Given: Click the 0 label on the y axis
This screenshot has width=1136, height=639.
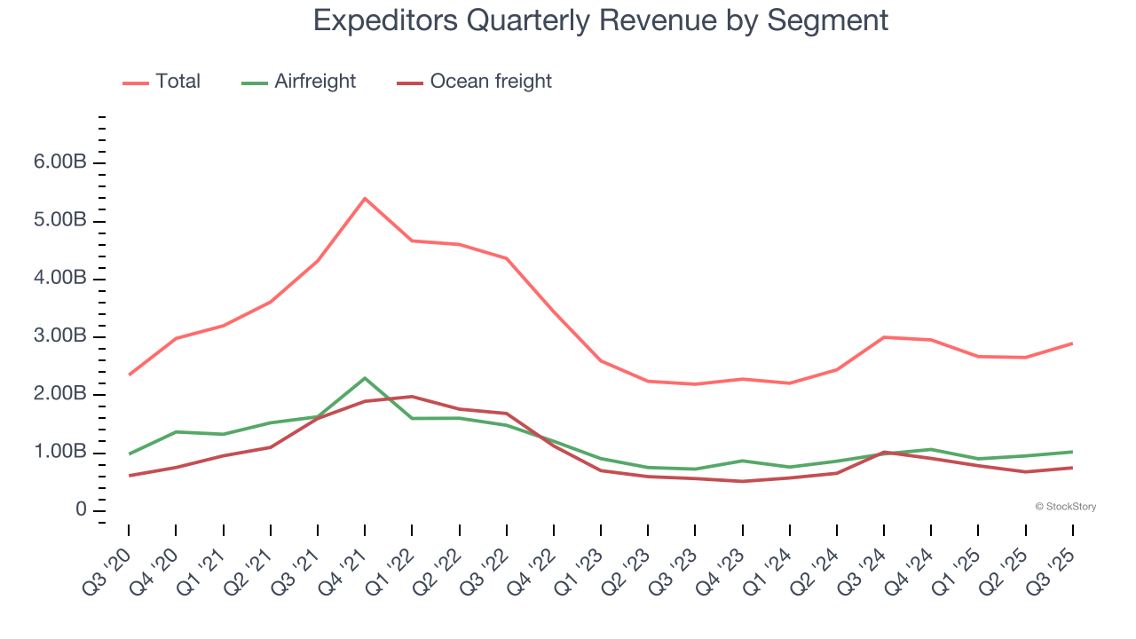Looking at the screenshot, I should tap(81, 510).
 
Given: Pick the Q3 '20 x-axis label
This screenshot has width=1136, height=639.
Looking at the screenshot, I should tap(108, 564).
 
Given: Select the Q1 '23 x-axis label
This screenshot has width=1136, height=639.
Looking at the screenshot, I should tap(580, 564).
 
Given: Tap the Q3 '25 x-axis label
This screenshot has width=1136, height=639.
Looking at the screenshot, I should tap(1053, 564).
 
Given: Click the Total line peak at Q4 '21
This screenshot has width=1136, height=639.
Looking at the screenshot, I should tap(365, 198).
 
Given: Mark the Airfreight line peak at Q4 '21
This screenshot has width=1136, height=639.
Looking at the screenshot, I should tap(365, 378).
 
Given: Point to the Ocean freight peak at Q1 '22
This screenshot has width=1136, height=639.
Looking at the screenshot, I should tap(412, 397).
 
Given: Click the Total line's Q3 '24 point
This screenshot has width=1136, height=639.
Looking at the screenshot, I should tap(884, 337).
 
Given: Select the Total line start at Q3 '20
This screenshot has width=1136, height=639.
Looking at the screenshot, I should tap(130, 375).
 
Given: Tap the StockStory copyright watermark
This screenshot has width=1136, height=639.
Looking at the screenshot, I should tap(1065, 507).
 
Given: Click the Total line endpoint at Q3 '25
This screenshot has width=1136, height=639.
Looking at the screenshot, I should tap(1072, 343).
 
